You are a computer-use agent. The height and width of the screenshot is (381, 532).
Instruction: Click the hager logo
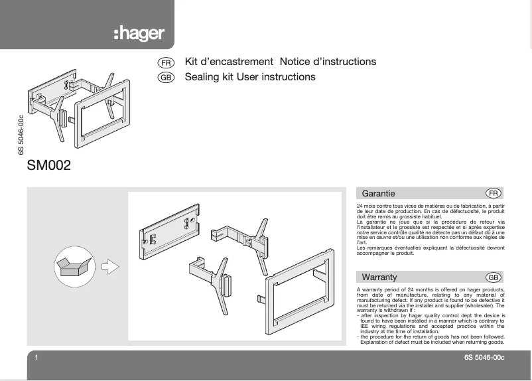[139, 34]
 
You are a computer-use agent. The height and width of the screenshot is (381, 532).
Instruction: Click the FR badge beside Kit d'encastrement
[166, 62]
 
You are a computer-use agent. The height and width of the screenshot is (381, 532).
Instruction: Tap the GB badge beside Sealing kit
[166, 78]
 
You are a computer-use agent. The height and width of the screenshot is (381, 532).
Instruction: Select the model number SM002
[48, 165]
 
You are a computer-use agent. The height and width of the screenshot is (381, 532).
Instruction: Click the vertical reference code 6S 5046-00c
[22, 136]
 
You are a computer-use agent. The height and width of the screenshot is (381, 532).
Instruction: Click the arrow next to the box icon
[111, 266]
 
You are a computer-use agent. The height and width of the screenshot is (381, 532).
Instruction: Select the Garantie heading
[379, 194]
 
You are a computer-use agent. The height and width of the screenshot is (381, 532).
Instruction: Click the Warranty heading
[379, 277]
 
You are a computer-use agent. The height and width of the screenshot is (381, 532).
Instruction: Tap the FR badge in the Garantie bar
[493, 194]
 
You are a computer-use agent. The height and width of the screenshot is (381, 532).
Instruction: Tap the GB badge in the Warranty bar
[493, 277]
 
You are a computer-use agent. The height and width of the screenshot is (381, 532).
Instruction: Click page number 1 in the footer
[36, 358]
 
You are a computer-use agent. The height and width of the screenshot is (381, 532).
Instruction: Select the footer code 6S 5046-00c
[484, 358]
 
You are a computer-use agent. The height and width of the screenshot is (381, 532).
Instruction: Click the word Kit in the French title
[192, 62]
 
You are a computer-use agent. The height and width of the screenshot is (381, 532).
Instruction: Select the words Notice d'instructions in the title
[328, 62]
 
